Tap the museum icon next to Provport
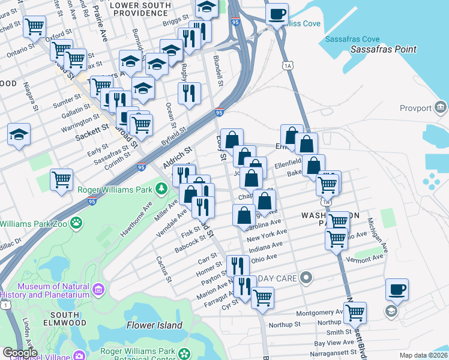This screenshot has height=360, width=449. pos(441,108)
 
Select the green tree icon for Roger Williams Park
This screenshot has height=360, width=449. pos(161,190)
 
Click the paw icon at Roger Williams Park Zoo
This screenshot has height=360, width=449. pos(77,224)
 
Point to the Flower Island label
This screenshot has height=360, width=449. pos(154,325)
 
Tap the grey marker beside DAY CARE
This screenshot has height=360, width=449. pos(307,278)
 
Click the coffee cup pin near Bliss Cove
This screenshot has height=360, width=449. pos(277,14)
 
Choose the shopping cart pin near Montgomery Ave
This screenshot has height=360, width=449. pos(355,312)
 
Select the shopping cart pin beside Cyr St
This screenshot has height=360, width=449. pos(262,297)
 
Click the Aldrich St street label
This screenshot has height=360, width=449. pos(177,158)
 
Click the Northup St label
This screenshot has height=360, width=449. pos(285,325)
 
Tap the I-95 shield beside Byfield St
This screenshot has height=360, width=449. pos(219,112)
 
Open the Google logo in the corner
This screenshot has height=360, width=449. pos(20,353)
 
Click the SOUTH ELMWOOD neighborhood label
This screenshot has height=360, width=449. pos(65,315)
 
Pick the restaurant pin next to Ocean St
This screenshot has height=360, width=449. pos(189,93)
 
